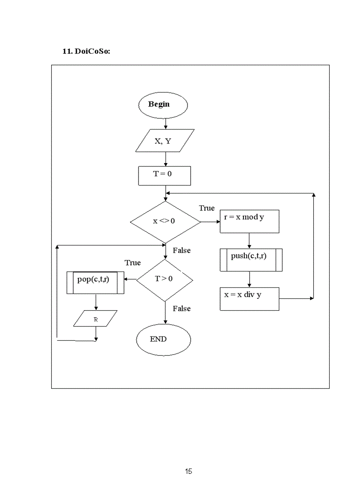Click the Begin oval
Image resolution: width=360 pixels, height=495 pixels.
pyautogui.click(x=163, y=105)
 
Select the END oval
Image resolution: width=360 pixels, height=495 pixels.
pyautogui.click(x=163, y=340)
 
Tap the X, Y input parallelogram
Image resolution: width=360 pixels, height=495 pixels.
pyautogui.click(x=165, y=141)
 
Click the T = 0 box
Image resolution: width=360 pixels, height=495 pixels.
pyautogui.click(x=164, y=175)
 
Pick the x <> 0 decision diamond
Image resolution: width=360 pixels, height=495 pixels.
pyautogui.click(x=165, y=222)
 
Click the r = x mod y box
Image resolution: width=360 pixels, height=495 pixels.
pyautogui.click(x=249, y=221)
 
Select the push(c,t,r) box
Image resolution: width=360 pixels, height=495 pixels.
pyautogui.click(x=251, y=260)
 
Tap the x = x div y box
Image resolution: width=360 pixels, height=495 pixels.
pyautogui.click(x=249, y=299)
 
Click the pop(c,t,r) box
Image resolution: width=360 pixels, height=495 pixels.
pyautogui.click(x=95, y=282)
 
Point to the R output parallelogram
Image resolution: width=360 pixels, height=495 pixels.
pyautogui.click(x=95, y=318)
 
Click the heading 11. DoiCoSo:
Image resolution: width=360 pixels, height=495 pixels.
pyautogui.click(x=86, y=51)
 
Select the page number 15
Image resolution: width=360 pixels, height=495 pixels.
pyautogui.click(x=188, y=471)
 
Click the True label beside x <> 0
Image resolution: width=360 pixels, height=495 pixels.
pyautogui.click(x=206, y=208)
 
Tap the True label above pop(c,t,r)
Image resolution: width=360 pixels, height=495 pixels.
pyautogui.click(x=132, y=263)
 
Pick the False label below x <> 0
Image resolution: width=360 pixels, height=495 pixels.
pyautogui.click(x=181, y=250)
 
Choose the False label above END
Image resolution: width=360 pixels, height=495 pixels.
pyautogui.click(x=181, y=309)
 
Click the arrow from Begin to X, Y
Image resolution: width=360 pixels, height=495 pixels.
pyautogui.click(x=165, y=123)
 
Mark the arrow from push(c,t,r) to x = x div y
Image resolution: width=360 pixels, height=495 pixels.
pyautogui.click(x=249, y=279)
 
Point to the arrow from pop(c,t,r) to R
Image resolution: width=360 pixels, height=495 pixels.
pyautogui.click(x=96, y=302)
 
